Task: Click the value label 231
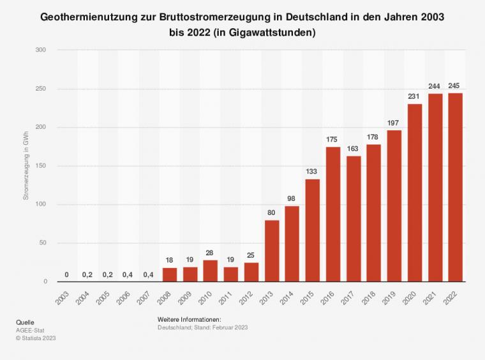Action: coord(415,96)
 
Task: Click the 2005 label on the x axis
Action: coord(105,299)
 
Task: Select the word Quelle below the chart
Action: coord(25,322)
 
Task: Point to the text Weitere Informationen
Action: coord(188,319)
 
